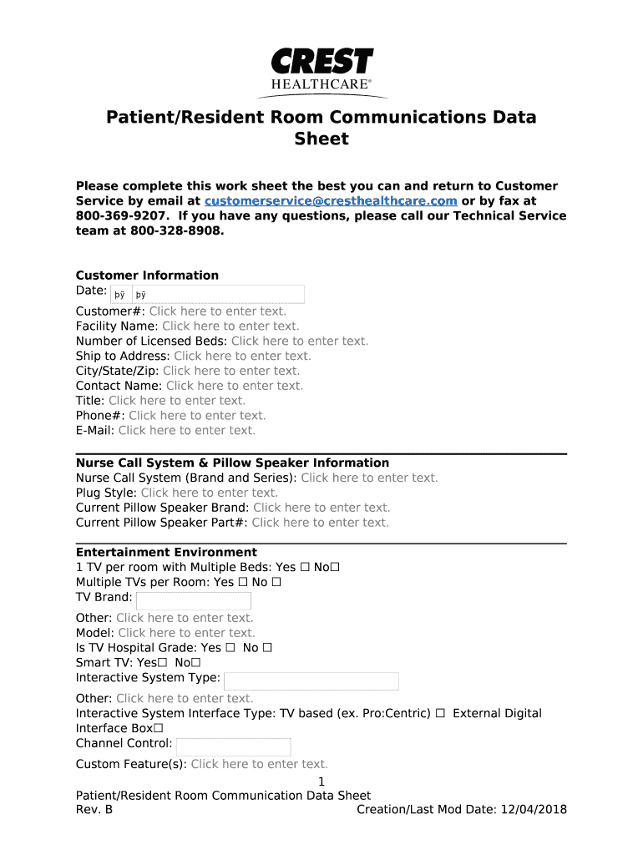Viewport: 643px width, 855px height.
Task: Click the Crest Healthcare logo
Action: (321, 72)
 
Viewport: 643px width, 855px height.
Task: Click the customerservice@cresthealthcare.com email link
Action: (331, 201)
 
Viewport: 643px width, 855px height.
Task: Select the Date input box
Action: (208, 294)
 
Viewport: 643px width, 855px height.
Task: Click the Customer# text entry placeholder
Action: (217, 311)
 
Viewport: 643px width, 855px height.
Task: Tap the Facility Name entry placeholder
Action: (230, 326)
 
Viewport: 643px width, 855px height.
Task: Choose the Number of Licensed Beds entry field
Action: (299, 341)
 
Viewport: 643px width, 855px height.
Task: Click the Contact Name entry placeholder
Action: (234, 386)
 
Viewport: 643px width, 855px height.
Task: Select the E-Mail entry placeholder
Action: (186, 431)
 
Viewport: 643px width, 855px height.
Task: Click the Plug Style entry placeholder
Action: (210, 493)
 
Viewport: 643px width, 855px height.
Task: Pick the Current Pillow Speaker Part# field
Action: (320, 523)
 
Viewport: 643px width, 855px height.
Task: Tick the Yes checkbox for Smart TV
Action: (163, 663)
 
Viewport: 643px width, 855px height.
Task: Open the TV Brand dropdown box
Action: (193, 601)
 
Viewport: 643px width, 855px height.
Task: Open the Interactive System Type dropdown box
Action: (311, 681)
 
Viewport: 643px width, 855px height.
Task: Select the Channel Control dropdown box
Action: (233, 746)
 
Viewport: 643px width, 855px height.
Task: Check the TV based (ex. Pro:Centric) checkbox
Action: (440, 714)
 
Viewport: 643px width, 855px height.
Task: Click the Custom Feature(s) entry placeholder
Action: (259, 764)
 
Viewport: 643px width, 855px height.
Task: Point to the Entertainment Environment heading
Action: (166, 553)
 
